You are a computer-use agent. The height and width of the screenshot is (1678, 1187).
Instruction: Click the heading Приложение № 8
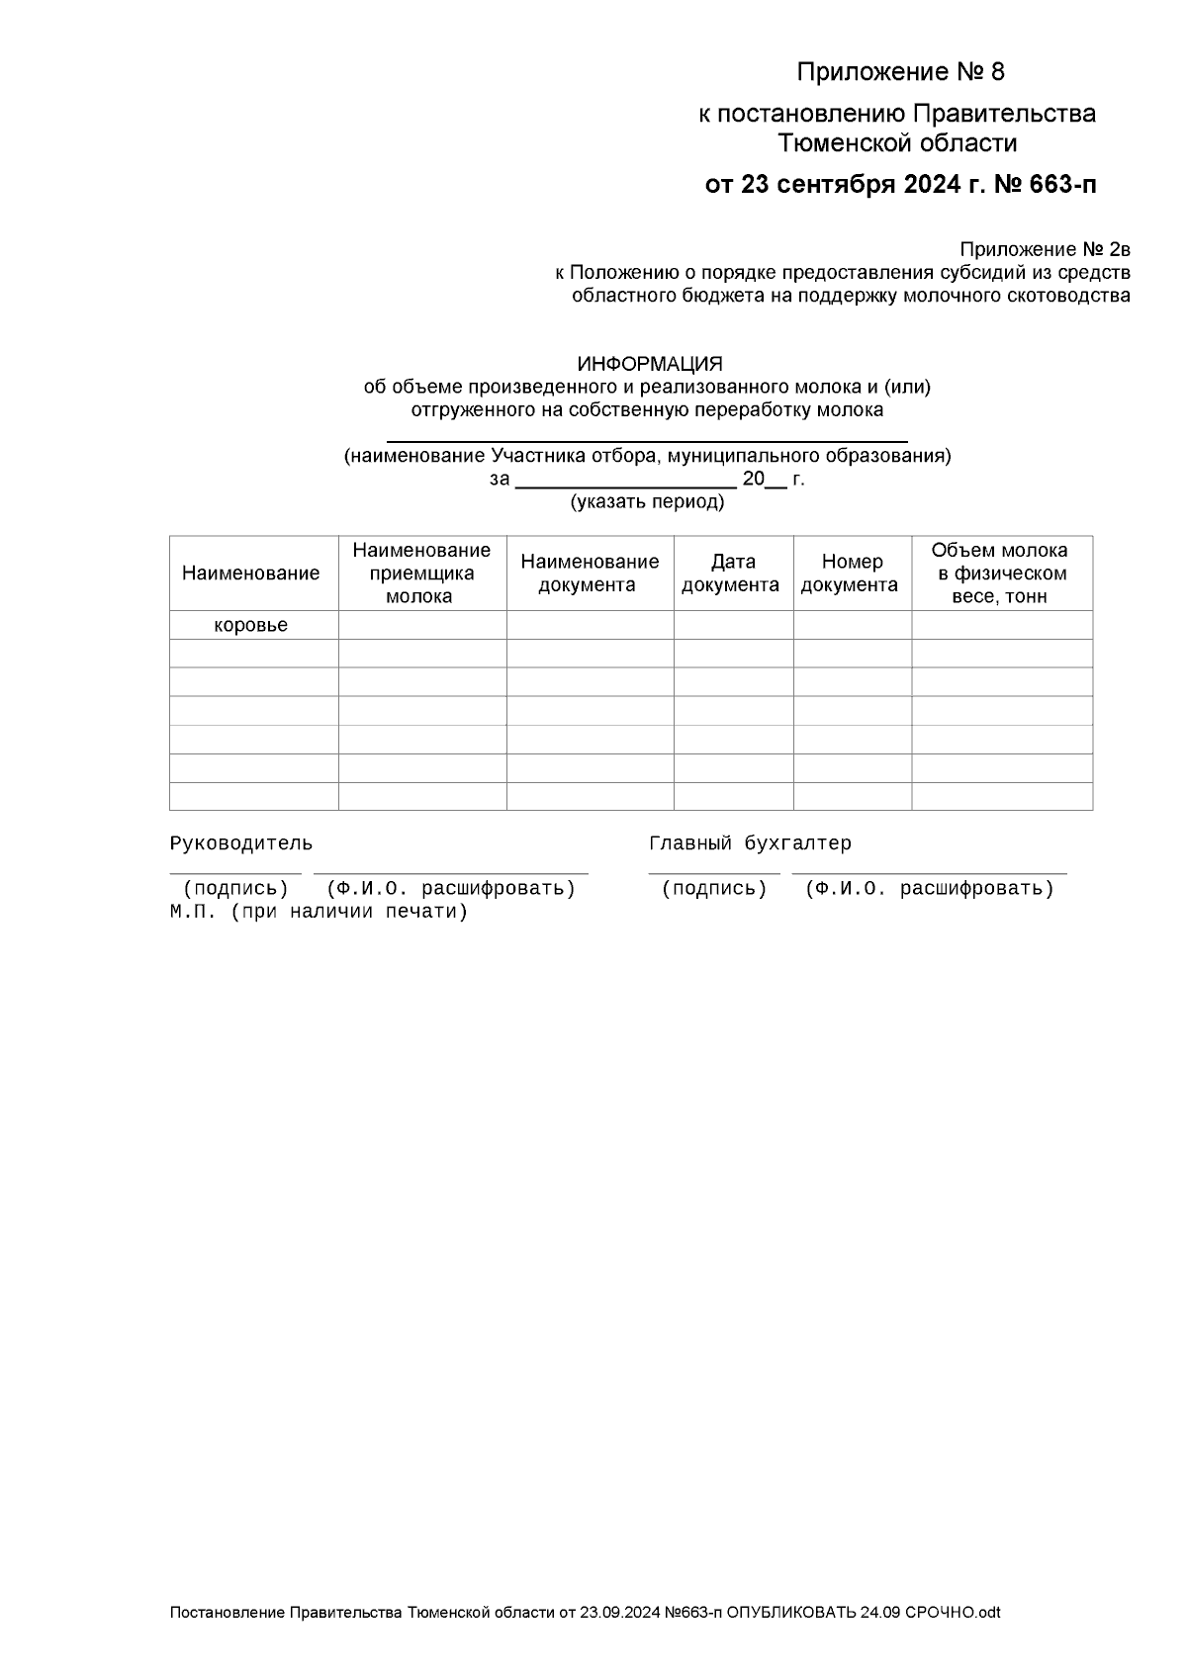(900, 72)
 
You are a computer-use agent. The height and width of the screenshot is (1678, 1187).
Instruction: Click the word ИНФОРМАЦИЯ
(650, 364)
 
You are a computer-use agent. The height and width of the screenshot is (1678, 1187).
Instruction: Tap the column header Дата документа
(732, 574)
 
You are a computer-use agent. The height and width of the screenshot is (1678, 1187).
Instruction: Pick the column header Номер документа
(851, 574)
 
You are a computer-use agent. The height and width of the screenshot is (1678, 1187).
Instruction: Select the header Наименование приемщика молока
(421, 574)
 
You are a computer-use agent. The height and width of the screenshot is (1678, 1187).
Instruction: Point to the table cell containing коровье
(251, 626)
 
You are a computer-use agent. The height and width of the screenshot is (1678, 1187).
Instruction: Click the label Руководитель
(240, 843)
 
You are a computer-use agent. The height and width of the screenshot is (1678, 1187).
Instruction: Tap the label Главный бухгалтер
(750, 843)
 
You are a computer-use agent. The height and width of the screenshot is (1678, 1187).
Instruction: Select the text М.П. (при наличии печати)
(318, 912)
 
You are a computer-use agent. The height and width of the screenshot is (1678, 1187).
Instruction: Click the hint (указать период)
(647, 502)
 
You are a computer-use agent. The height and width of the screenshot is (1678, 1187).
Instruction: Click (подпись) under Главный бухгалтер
(714, 888)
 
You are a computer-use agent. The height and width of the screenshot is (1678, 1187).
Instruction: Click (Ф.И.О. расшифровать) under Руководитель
(451, 888)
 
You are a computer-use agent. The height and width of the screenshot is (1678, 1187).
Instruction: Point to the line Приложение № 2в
(1045, 249)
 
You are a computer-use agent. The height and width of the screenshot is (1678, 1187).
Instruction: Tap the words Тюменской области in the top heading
(897, 144)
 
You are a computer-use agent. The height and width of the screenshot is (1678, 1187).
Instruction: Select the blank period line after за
(626, 485)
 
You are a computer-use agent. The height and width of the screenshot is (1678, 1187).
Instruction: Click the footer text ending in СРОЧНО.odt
(585, 1613)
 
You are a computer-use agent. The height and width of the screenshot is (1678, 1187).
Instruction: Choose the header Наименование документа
(590, 574)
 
